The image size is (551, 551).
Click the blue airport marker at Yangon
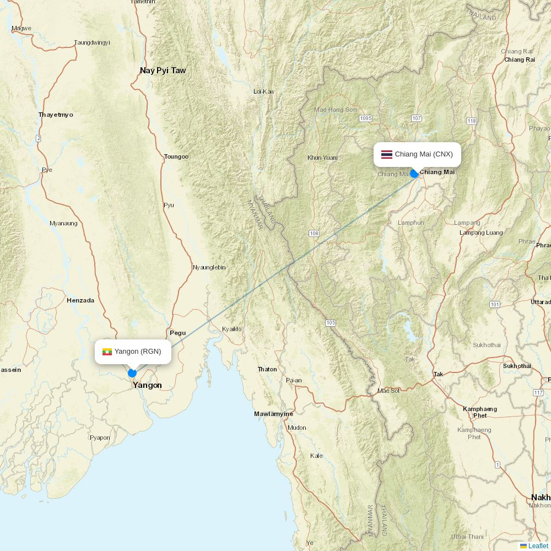(x=132, y=373)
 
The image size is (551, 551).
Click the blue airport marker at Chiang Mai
(x=414, y=174)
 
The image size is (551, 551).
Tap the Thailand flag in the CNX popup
(x=387, y=154)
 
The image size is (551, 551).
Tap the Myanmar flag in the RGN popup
(x=107, y=352)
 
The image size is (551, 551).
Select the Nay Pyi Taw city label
(x=163, y=71)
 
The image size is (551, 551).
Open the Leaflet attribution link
(x=538, y=546)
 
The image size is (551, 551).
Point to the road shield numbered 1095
(x=365, y=118)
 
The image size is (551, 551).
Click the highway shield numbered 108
(x=314, y=234)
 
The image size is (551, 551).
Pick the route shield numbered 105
(x=331, y=323)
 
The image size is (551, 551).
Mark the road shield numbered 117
(x=538, y=392)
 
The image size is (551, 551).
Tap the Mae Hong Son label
(x=335, y=110)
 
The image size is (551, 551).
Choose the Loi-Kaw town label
(x=263, y=91)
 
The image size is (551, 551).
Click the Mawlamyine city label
(x=273, y=414)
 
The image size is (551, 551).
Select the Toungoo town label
(x=176, y=156)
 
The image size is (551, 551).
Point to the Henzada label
(x=80, y=300)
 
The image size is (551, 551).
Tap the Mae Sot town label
(x=388, y=391)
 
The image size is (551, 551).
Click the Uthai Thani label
(x=467, y=537)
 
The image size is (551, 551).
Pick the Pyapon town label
(x=100, y=438)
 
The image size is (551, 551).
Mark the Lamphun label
(x=411, y=223)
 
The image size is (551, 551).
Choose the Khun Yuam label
(x=322, y=158)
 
